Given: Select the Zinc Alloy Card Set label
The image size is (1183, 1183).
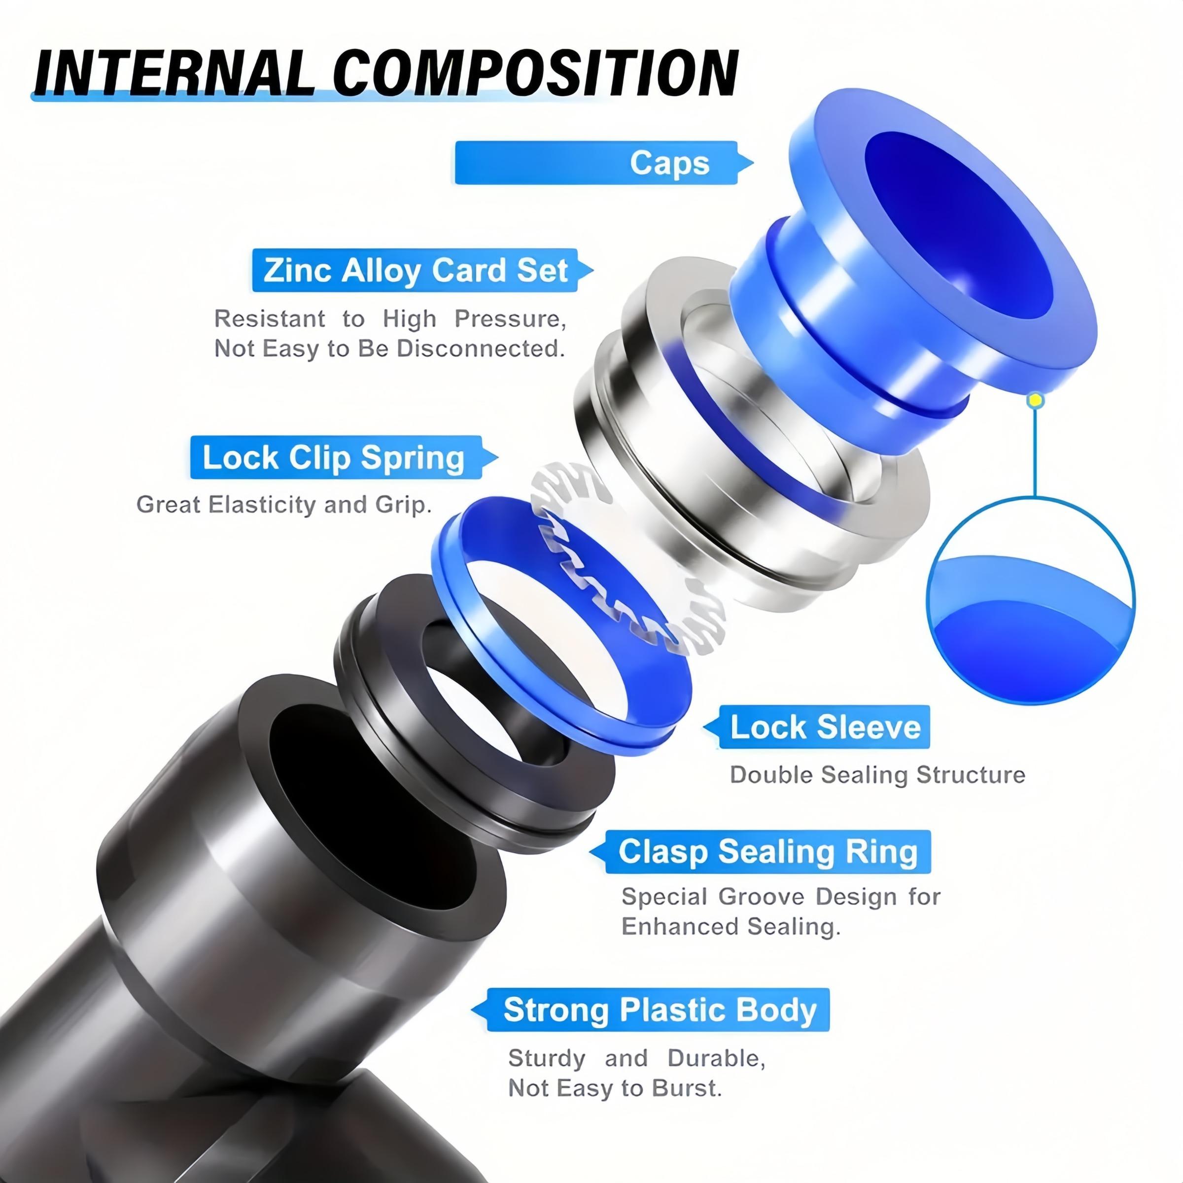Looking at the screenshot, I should tap(415, 270).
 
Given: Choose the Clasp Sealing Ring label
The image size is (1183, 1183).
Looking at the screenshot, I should tap(767, 852).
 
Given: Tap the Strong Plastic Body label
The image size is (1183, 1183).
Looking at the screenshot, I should tap(659, 1009).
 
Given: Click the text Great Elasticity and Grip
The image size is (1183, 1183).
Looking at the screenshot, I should tap(283, 505).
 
